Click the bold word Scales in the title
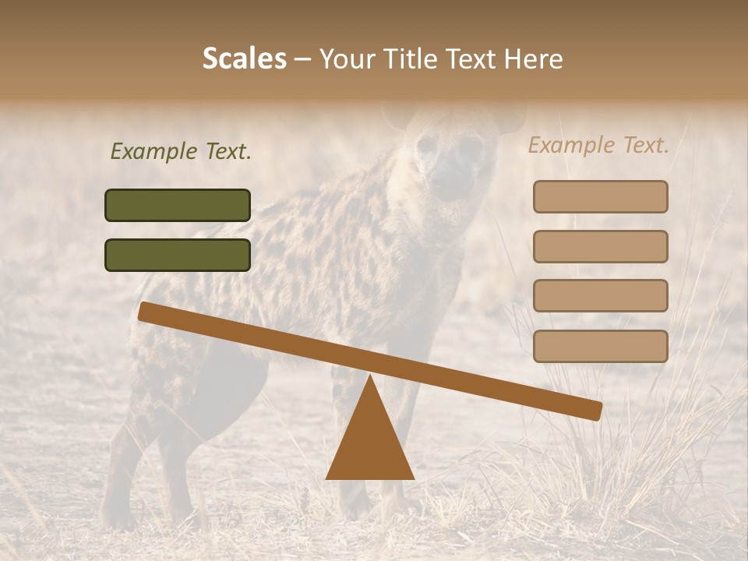(x=245, y=58)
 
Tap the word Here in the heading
(x=534, y=59)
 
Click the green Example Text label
(x=181, y=152)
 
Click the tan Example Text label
(x=598, y=145)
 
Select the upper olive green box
(x=178, y=205)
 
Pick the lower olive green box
(x=178, y=255)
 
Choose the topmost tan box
(x=600, y=196)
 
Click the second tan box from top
(x=600, y=246)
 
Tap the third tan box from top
(x=600, y=296)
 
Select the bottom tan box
(x=600, y=346)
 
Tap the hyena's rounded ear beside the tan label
(x=510, y=118)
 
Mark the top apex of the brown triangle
(x=370, y=377)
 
